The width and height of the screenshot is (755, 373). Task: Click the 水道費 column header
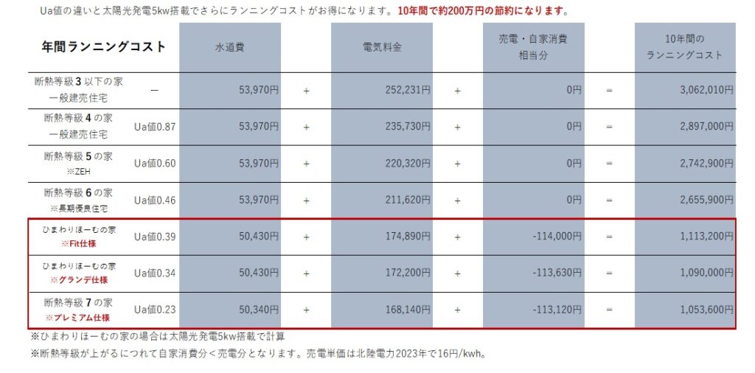pyautogui.click(x=229, y=46)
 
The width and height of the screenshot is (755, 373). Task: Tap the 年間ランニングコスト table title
pyautogui.click(x=103, y=46)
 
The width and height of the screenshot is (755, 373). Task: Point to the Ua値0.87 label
pyautogui.click(x=155, y=127)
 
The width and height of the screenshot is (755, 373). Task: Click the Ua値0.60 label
pyautogui.click(x=155, y=163)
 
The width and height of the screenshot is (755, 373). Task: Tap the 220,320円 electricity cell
pyautogui.click(x=408, y=163)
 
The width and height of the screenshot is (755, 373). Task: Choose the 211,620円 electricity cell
pyautogui.click(x=408, y=199)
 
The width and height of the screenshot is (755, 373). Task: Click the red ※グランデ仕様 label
pyautogui.click(x=79, y=281)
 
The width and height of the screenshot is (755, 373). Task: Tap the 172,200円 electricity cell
pyautogui.click(x=408, y=273)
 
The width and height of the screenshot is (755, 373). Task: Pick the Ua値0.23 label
pyautogui.click(x=155, y=310)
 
